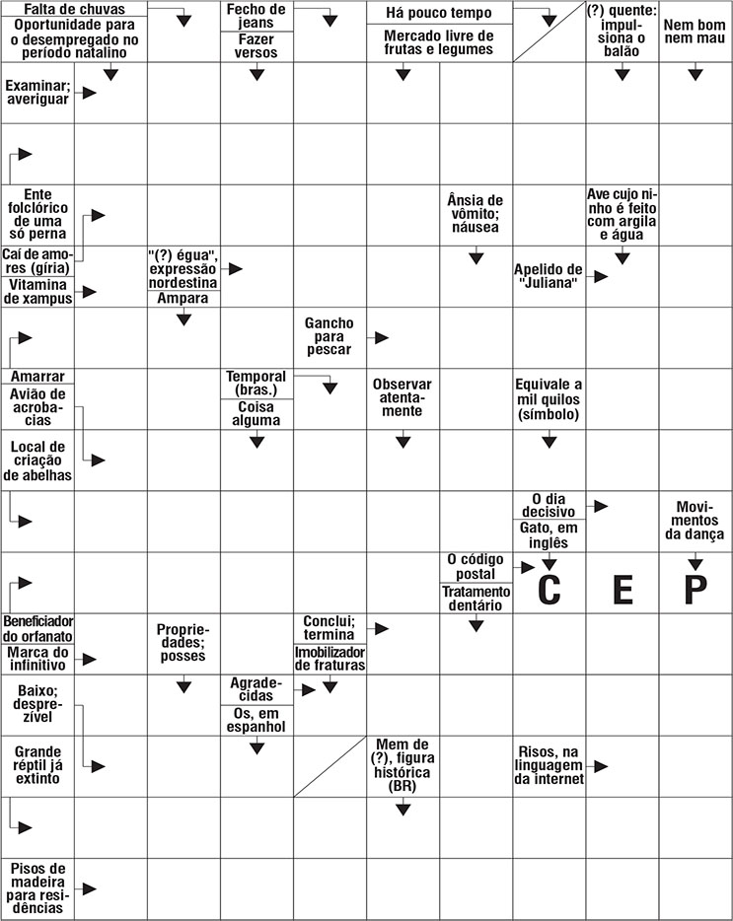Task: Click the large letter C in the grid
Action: (550, 589)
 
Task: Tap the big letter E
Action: (623, 589)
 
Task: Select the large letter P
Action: (696, 589)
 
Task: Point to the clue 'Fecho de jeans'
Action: (257, 16)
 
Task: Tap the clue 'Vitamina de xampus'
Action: (38, 292)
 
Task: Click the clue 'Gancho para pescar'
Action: (329, 336)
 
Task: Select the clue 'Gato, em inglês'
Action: (550, 534)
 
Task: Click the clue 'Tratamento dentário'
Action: (476, 598)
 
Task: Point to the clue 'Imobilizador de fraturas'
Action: (330, 659)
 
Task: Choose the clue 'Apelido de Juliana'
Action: (549, 276)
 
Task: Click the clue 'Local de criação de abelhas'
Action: (38, 460)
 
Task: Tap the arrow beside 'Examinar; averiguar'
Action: (90, 92)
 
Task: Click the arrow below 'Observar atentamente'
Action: (403, 442)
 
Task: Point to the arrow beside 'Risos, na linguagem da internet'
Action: (600, 766)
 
